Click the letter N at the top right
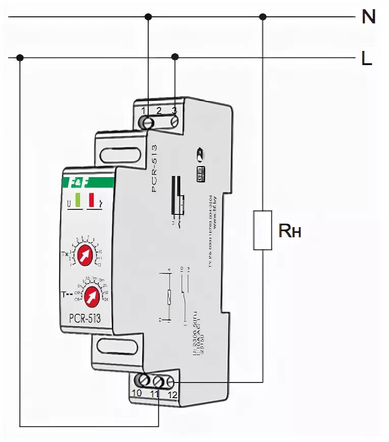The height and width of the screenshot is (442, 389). point(368,17)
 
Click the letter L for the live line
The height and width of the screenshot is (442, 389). point(367,58)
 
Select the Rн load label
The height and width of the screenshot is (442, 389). point(290,232)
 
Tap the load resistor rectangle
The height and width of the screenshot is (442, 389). point(262,229)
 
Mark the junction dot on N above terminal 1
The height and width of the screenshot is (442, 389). point(148,17)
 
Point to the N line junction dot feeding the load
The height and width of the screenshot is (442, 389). point(263,17)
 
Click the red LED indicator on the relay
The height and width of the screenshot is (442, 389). point(92,200)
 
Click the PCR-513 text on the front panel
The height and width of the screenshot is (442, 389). point(85,319)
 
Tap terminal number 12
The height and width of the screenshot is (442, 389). point(173,394)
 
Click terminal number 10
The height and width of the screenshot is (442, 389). point(136,393)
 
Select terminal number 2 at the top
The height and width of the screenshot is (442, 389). point(159,110)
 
